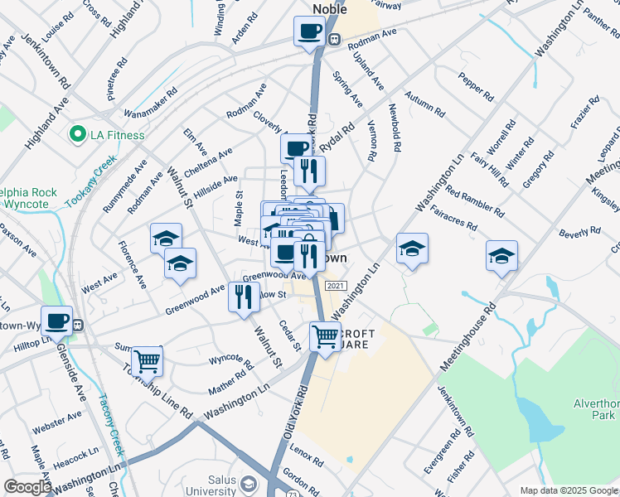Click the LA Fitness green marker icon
(x=79, y=134)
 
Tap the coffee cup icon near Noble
(x=309, y=31)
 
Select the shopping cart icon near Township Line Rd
(x=147, y=360)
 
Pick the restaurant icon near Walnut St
(x=244, y=297)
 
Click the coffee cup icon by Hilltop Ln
(x=57, y=321)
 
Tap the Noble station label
(x=329, y=9)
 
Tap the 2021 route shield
(x=335, y=286)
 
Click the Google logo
(x=27, y=487)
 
